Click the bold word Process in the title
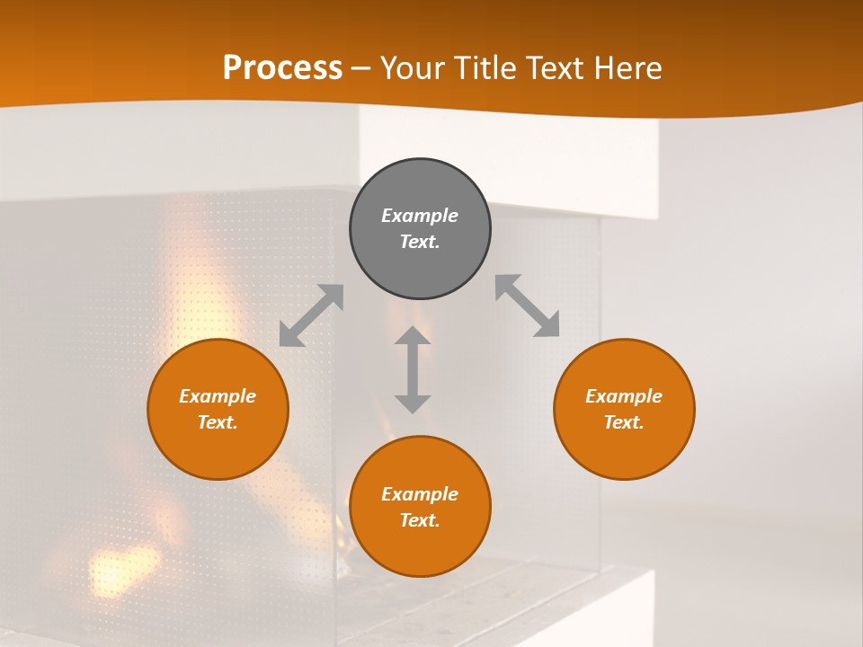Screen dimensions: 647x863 tap(282, 68)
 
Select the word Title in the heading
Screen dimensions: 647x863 tap(486, 68)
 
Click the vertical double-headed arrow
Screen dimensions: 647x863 tap(413, 369)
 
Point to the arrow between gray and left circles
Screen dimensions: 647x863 tap(311, 315)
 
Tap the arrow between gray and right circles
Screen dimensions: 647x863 tap(528, 306)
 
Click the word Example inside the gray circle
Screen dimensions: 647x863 tap(420, 216)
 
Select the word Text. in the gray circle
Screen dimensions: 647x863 tap(420, 242)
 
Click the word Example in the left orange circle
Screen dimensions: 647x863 tap(218, 396)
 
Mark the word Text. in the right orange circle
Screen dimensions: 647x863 tap(624, 422)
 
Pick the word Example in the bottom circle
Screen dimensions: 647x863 tap(420, 494)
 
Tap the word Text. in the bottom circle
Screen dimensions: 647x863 tap(420, 520)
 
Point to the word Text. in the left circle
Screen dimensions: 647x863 tap(218, 422)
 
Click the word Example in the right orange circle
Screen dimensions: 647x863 tap(624, 396)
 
